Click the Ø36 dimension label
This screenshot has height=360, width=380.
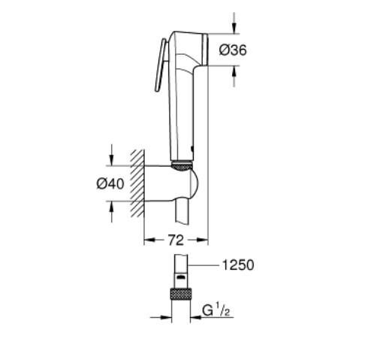233,50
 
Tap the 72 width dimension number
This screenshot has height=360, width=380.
175,241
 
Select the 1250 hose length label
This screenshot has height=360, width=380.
238,265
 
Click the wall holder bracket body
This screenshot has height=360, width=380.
173,184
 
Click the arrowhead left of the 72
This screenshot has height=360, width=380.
147,241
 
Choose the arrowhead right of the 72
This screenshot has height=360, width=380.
204,241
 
